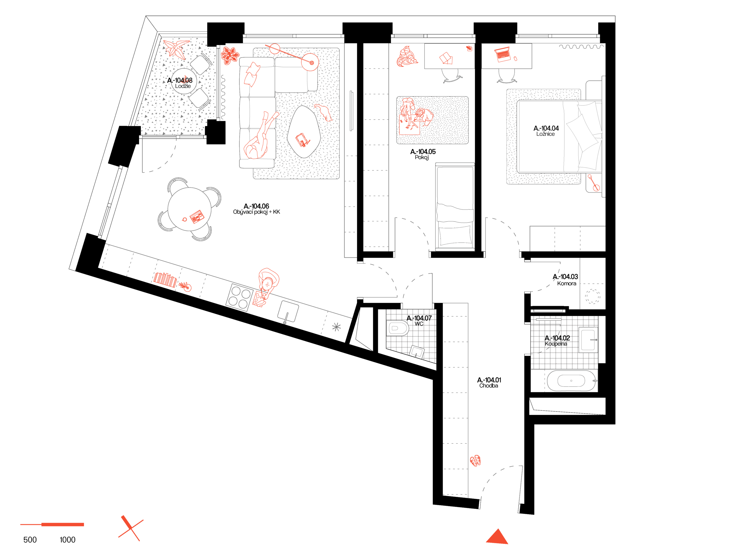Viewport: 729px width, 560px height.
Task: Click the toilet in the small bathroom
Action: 398,328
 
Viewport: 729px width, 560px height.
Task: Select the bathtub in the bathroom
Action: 572,380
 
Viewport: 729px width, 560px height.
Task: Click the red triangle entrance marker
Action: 497,537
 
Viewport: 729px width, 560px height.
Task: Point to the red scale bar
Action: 52,524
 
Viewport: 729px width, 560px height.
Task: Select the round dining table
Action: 189,209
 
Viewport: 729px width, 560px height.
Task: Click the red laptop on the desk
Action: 503,54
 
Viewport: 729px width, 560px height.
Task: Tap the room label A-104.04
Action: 546,130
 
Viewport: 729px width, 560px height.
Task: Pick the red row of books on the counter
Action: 165,279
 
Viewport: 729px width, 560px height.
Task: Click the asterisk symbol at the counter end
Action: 336,327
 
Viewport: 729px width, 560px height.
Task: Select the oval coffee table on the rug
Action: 304,132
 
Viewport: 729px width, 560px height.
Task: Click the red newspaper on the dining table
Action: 197,217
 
